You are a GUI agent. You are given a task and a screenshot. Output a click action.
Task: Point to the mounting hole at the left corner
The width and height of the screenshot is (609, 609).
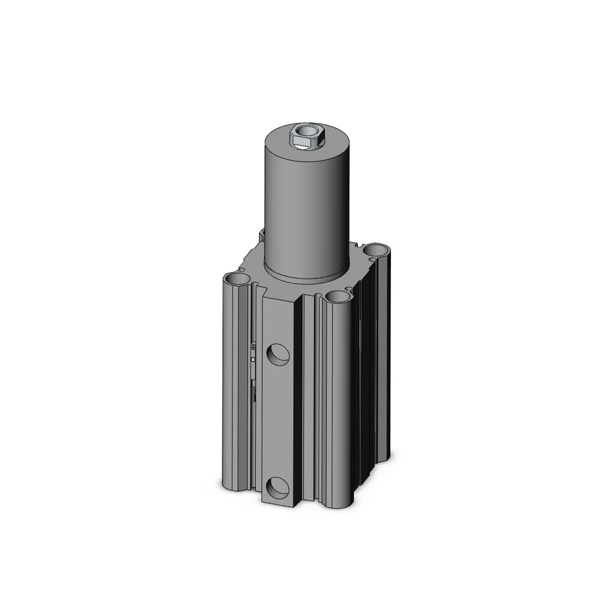point(238,279)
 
